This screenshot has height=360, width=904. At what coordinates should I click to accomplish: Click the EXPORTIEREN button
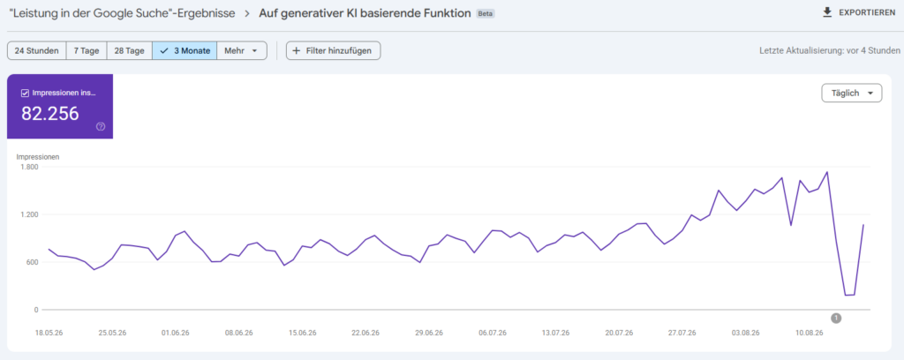tap(858, 12)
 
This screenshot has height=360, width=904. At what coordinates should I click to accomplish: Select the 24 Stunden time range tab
tap(37, 50)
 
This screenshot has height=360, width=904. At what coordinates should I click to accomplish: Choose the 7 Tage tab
tap(87, 50)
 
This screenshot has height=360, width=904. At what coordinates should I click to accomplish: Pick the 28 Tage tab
tap(129, 50)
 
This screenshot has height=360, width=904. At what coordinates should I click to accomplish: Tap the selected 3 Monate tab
tap(185, 50)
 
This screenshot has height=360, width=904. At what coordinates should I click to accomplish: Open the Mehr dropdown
tap(242, 50)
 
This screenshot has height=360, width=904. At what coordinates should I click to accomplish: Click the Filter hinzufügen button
tap(333, 50)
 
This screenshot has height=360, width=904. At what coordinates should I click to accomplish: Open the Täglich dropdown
tap(852, 94)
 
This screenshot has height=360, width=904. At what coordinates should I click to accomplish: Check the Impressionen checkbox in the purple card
tap(25, 94)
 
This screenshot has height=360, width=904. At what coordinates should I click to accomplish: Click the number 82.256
tap(50, 114)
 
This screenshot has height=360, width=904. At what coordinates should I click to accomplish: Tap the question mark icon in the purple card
tap(101, 127)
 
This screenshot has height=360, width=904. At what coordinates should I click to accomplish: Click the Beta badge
tap(486, 13)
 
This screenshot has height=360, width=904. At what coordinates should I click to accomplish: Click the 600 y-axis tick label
tap(32, 262)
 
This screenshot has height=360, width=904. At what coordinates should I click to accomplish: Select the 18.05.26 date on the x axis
tap(49, 333)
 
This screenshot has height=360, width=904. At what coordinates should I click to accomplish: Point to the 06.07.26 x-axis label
tap(492, 333)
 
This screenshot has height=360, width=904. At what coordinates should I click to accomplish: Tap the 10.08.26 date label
tap(809, 333)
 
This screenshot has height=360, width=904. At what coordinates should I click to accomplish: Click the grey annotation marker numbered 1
tap(837, 318)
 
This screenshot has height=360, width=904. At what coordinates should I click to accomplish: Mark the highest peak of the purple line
tap(827, 172)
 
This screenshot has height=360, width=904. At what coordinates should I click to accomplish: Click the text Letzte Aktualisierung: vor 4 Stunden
tap(827, 50)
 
